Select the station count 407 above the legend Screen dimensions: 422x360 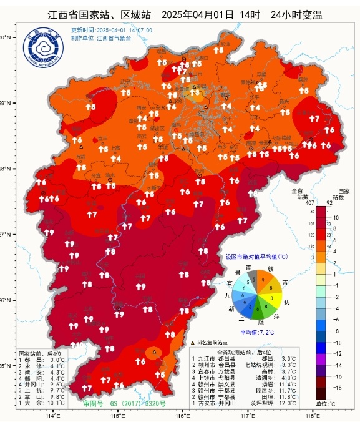297,201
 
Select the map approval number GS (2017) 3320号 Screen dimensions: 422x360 116,404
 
